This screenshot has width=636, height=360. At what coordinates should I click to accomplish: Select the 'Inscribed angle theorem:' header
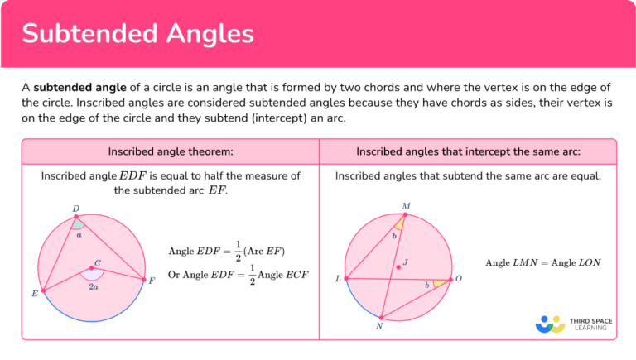click(x=171, y=152)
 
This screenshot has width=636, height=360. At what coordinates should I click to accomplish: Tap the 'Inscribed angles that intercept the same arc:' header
click(x=468, y=152)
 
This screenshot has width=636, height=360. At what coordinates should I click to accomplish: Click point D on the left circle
click(x=76, y=217)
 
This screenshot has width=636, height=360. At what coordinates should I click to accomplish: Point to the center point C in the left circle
click(x=91, y=268)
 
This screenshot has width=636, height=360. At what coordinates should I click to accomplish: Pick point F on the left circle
click(x=144, y=280)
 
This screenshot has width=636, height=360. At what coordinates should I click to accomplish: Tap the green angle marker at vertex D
click(x=77, y=223)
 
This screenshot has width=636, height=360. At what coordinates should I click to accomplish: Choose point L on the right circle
click(x=345, y=279)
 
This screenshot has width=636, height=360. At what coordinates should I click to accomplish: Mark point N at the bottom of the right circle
click(x=381, y=318)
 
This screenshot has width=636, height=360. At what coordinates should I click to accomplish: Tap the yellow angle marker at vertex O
click(x=440, y=283)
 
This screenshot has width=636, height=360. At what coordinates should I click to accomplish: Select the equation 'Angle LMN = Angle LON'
click(x=543, y=262)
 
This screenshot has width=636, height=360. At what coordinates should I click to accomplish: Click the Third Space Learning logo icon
click(x=550, y=324)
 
